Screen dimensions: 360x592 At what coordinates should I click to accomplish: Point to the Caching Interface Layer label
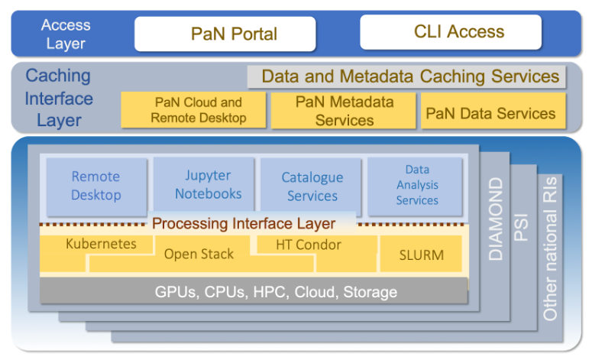[x=59, y=98]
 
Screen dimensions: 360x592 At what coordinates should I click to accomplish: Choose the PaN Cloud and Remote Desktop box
[x=193, y=110]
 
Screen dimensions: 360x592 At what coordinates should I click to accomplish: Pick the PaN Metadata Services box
[x=344, y=111]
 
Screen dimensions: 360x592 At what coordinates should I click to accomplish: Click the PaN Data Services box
[x=490, y=113]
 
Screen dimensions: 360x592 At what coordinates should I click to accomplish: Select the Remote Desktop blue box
[x=96, y=186]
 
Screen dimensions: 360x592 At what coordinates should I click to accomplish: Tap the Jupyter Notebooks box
[x=203, y=185]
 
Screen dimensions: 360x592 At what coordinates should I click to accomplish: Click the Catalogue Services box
[x=312, y=186]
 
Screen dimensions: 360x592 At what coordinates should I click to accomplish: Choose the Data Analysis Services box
[x=417, y=185]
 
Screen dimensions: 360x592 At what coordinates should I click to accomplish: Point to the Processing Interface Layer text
[x=243, y=224]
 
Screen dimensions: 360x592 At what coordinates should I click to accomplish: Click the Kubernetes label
[x=101, y=245]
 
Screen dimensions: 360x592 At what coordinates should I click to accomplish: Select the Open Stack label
[x=199, y=255]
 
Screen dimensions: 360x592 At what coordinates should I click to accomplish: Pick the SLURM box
[x=421, y=255]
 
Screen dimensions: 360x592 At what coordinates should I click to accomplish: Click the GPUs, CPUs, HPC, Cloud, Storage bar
[x=254, y=291]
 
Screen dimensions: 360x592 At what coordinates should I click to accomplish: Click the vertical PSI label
[x=522, y=226]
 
